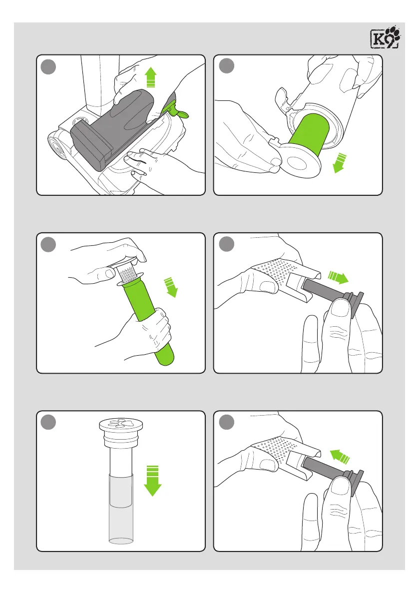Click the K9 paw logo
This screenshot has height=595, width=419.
(385, 37)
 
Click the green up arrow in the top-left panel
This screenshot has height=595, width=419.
(151, 77)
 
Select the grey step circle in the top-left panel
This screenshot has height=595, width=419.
(48, 66)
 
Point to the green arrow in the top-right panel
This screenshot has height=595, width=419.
(340, 163)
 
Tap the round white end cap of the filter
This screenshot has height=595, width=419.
(302, 162)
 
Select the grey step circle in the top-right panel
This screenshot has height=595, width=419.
(226, 65)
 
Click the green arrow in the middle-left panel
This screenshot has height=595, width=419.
(171, 287)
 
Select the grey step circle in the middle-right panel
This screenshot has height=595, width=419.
(226, 244)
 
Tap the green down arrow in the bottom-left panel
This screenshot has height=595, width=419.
(152, 481)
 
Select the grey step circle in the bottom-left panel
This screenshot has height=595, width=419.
(48, 422)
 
